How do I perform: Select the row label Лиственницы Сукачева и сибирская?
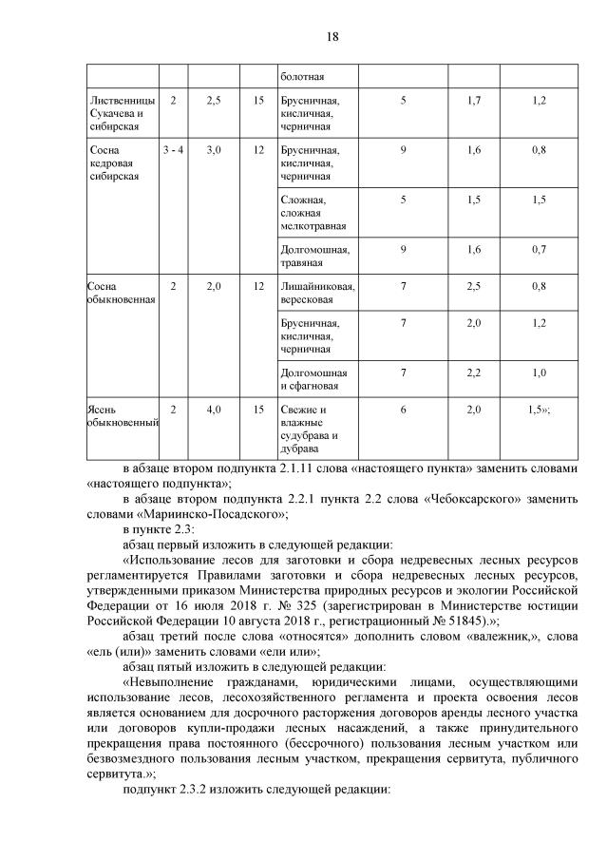point(117,113)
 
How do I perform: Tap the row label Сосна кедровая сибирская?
point(113,162)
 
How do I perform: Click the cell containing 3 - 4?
point(173,150)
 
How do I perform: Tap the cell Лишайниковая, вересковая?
point(317,291)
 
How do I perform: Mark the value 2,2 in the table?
point(474,373)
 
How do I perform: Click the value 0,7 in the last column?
point(540,249)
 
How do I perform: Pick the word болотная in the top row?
point(303,76)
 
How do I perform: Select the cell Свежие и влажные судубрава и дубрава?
point(310,429)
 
